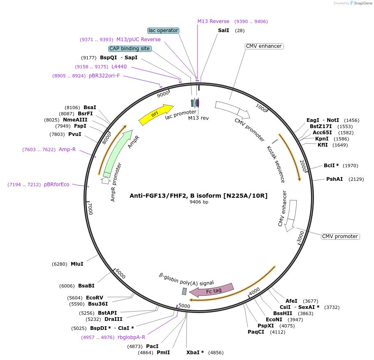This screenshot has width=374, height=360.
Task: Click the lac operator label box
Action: click(x=163, y=30)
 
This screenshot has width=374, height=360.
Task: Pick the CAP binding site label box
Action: click(x=130, y=49)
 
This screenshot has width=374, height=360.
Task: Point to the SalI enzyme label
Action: click(x=224, y=30)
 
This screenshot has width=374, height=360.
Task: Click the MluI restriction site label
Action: click(x=77, y=264)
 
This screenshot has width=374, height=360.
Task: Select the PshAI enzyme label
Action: click(x=335, y=179)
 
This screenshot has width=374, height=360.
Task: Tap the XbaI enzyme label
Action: click(x=195, y=353)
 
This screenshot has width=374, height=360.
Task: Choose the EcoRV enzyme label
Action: click(x=95, y=297)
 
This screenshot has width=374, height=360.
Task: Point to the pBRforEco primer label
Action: click(x=57, y=184)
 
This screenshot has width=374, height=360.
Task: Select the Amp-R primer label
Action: click(x=67, y=150)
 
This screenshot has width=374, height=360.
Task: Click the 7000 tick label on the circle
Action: click(x=91, y=208)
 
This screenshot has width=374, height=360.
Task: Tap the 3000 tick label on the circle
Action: click(x=301, y=237)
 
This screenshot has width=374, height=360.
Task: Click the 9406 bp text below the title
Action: click(x=199, y=202)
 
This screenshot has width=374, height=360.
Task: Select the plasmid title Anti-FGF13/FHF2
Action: click(x=199, y=196)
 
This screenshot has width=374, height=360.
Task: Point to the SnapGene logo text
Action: click(x=361, y=3)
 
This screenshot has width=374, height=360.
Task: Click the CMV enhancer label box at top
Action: click(x=264, y=46)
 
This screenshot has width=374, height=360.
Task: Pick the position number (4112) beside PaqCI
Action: click(x=277, y=332)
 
